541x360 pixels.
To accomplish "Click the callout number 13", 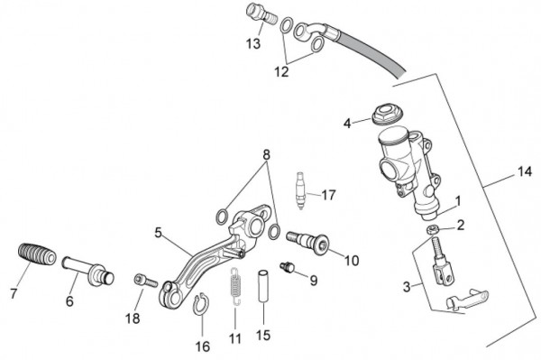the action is tap(253, 44).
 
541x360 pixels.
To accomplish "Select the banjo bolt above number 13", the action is tap(261, 14).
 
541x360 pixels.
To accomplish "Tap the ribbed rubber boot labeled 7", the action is tap(37, 254).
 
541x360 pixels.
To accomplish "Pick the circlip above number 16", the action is tap(200, 304).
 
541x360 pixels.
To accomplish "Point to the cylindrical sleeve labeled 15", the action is tap(263, 286).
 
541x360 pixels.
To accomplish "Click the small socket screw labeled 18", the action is tap(145, 281).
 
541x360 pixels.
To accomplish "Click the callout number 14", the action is tap(525, 171).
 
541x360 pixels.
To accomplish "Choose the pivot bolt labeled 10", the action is tap(307, 243).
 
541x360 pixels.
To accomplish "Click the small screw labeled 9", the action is tap(287, 267).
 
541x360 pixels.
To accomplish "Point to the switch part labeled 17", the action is tap(301, 191).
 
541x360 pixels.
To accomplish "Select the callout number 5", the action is tap(158, 233).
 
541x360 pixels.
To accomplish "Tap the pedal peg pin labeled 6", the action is tap(88, 271).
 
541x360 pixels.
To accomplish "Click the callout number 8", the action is tap(266, 155).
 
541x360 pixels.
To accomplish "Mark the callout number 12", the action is tap(281, 72).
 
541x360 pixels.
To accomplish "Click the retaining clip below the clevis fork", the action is tap(467, 299).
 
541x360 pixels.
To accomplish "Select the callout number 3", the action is tap(407, 287).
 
